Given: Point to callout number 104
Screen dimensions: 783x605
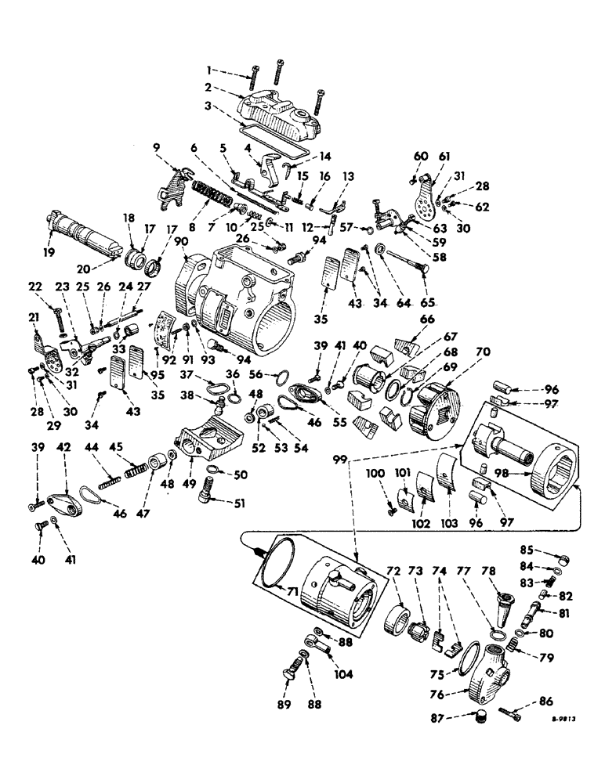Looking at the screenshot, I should pyautogui.click(x=344, y=673).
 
